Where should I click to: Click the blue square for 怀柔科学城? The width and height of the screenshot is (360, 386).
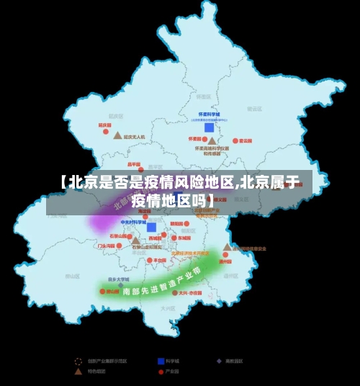pyautogui.click(x=209, y=127)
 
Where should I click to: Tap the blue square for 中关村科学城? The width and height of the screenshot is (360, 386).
pyautogui.click(x=151, y=227)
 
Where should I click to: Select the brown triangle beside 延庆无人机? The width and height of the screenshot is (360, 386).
pyautogui.click(x=117, y=135)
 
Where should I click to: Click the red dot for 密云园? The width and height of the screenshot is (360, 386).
pyautogui.click(x=233, y=141)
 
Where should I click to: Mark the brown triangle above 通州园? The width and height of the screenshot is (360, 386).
pyautogui.click(x=227, y=247)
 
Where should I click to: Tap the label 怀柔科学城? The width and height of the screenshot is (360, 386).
pyautogui.click(x=209, y=115)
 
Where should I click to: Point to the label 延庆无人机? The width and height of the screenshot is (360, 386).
pyautogui.click(x=135, y=136)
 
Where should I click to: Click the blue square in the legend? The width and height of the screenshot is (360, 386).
pyautogui.click(x=159, y=360)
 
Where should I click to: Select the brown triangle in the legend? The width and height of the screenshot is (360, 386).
pyautogui.click(x=78, y=372)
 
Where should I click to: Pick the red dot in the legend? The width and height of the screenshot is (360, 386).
pyautogui.click(x=159, y=372)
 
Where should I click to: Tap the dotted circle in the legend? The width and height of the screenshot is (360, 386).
pyautogui.click(x=78, y=360)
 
